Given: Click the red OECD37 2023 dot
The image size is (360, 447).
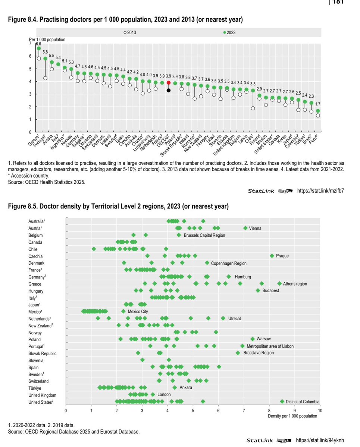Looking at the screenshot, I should [169, 83].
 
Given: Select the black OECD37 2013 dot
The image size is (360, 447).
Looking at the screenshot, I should [169, 90].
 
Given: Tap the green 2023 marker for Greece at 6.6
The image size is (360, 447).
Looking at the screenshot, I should [38, 48].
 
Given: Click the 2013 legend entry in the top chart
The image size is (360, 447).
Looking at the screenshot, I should [130, 33].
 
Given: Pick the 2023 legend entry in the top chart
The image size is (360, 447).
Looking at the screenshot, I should [229, 33].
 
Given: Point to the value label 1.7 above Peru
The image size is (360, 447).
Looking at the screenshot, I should [317, 104].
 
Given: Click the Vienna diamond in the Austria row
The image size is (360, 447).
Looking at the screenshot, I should [245, 228].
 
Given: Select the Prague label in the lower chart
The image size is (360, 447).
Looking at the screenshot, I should [282, 256].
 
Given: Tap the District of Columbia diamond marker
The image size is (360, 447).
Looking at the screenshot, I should [282, 402].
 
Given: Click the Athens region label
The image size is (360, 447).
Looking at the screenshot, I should [295, 284].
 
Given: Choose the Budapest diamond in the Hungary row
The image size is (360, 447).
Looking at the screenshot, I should [258, 290].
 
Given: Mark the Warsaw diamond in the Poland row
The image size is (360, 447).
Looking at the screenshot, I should [253, 339].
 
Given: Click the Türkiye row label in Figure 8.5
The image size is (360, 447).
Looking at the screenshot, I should [35, 388].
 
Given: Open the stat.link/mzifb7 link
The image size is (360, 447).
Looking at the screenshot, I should [320, 191].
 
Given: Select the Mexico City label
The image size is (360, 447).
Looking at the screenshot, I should [138, 311].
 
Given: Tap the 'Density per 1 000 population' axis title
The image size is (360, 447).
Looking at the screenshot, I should [292, 416].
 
